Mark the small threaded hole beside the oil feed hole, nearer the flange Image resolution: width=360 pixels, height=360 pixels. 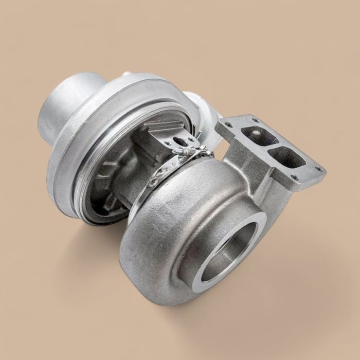tap(191, 139)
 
